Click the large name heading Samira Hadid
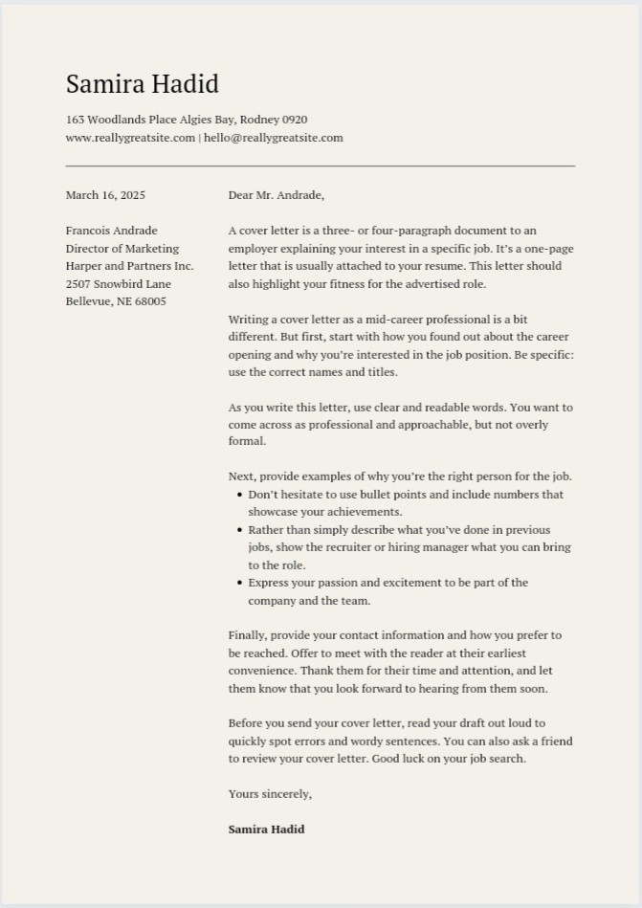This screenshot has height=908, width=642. pyautogui.click(x=142, y=84)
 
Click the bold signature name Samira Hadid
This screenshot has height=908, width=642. pyautogui.click(x=266, y=830)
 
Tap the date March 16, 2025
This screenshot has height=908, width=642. pyautogui.click(x=105, y=195)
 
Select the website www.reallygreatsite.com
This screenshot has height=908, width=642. pyautogui.click(x=130, y=138)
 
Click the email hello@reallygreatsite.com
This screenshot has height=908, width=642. pyautogui.click(x=273, y=138)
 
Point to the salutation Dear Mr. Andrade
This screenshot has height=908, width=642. pyautogui.click(x=276, y=195)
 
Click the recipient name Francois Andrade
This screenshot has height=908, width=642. pyautogui.click(x=111, y=231)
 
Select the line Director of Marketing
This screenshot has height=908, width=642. pyautogui.click(x=122, y=249)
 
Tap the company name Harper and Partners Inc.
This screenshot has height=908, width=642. pyautogui.click(x=129, y=266)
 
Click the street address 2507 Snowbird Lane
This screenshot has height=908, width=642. pyautogui.click(x=119, y=284)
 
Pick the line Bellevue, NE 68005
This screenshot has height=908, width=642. pyautogui.click(x=116, y=301)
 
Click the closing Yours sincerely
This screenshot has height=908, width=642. pyautogui.click(x=270, y=794)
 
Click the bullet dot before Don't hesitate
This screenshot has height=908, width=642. pyautogui.click(x=239, y=495)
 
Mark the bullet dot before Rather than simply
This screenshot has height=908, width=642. pyautogui.click(x=239, y=530)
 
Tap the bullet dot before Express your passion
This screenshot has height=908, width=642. pyautogui.click(x=239, y=583)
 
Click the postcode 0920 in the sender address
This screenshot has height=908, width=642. pyautogui.click(x=294, y=120)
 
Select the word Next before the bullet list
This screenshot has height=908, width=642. pyautogui.click(x=240, y=476)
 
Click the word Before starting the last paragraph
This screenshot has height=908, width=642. pyautogui.click(x=247, y=723)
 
